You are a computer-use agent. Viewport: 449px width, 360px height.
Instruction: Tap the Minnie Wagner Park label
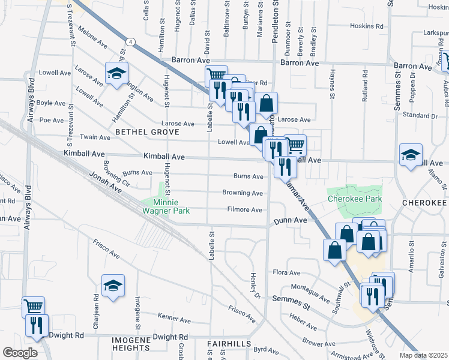(166, 206)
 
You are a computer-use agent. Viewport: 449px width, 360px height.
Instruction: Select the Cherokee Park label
(355, 199)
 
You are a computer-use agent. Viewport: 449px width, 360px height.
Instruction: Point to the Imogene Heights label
(130, 340)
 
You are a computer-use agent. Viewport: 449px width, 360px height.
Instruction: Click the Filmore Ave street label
(245, 210)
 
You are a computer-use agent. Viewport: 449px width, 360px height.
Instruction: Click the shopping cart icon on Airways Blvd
(34, 307)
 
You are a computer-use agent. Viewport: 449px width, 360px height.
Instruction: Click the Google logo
(20, 353)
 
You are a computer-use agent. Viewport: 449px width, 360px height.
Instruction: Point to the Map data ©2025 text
(423, 355)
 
